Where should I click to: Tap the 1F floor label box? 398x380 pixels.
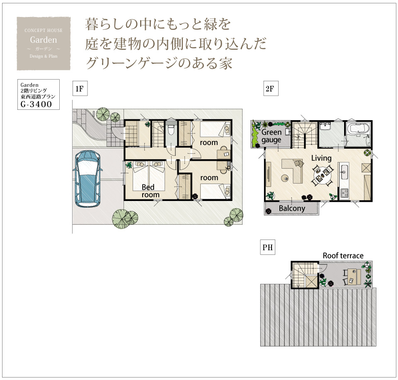(80, 89)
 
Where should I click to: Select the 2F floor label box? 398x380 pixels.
(271, 89)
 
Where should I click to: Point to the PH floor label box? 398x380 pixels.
(267, 247)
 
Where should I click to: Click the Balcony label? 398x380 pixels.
(292, 208)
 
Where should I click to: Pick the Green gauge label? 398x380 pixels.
(271, 136)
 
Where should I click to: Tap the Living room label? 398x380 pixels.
(321, 158)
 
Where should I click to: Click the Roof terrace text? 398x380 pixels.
(343, 256)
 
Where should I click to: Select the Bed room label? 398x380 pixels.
(150, 191)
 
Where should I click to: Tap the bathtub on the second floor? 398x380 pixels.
(358, 131)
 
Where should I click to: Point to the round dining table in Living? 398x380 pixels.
(322, 175)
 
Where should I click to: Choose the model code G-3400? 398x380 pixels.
(36, 104)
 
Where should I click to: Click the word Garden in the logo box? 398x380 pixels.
(44, 40)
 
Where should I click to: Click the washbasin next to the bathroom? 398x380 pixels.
(325, 126)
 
